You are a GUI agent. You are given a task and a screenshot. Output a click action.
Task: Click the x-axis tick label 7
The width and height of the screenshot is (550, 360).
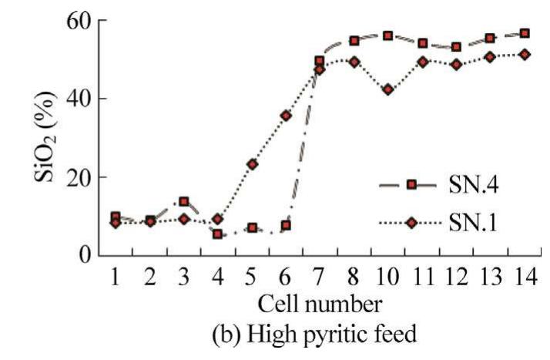click(319, 275)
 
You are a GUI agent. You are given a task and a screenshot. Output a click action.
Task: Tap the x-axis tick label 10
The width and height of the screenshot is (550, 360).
click(387, 275)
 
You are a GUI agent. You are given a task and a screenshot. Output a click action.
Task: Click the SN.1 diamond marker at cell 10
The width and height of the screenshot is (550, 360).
click(388, 89)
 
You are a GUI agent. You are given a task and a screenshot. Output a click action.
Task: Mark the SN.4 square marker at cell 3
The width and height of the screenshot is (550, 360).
click(184, 202)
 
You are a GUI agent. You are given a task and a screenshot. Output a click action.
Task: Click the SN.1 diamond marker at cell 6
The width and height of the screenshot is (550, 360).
click(286, 116)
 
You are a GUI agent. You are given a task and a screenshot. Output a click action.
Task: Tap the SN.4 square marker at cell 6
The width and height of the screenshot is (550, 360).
click(286, 225)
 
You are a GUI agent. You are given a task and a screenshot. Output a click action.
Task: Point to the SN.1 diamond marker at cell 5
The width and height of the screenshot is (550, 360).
click(252, 164)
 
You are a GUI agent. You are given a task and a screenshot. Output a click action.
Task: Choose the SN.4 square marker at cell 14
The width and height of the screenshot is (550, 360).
click(525, 33)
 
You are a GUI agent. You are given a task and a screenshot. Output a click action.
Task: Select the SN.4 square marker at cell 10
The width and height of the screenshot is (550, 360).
click(388, 35)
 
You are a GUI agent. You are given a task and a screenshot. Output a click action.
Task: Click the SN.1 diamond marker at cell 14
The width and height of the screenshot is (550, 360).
click(525, 54)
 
